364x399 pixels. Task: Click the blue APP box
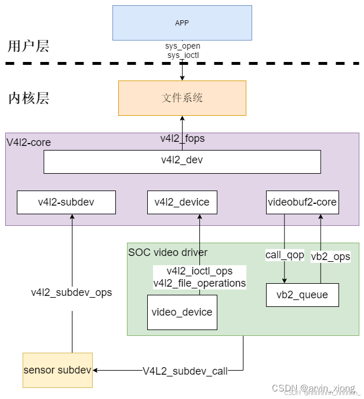(x=182, y=23)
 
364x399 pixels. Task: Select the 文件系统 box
(x=182, y=98)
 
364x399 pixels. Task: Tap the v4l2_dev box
(x=182, y=161)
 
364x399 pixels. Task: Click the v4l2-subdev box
(x=66, y=202)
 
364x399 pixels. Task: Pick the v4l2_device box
(x=182, y=202)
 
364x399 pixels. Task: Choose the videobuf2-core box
(x=302, y=202)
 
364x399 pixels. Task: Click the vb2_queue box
(x=302, y=295)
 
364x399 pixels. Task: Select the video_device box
(x=182, y=312)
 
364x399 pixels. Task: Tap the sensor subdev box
(x=57, y=369)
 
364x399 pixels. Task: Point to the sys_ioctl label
(x=182, y=56)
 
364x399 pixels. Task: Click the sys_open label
(x=182, y=46)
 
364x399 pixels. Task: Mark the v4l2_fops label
(x=182, y=139)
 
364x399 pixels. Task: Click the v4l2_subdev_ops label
(x=71, y=292)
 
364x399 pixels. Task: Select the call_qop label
(x=285, y=255)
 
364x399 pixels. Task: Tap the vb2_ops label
(x=330, y=257)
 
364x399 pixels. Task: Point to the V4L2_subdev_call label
(x=185, y=371)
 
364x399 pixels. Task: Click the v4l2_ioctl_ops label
(x=199, y=272)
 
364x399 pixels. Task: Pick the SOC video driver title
(x=168, y=252)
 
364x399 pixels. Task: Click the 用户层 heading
(x=28, y=46)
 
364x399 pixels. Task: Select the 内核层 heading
(x=28, y=98)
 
